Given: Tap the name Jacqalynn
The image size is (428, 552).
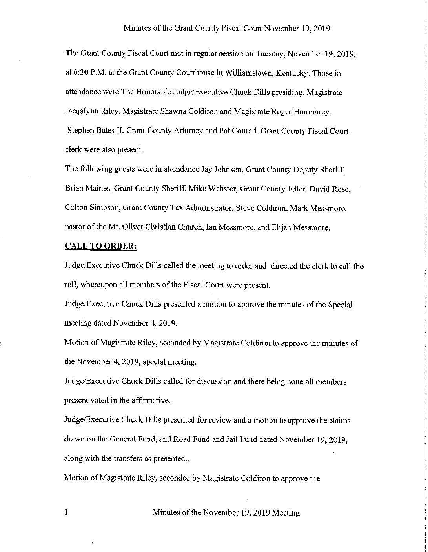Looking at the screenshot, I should click(79, 112).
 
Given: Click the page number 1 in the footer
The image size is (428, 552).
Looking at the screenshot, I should click(67, 512).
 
